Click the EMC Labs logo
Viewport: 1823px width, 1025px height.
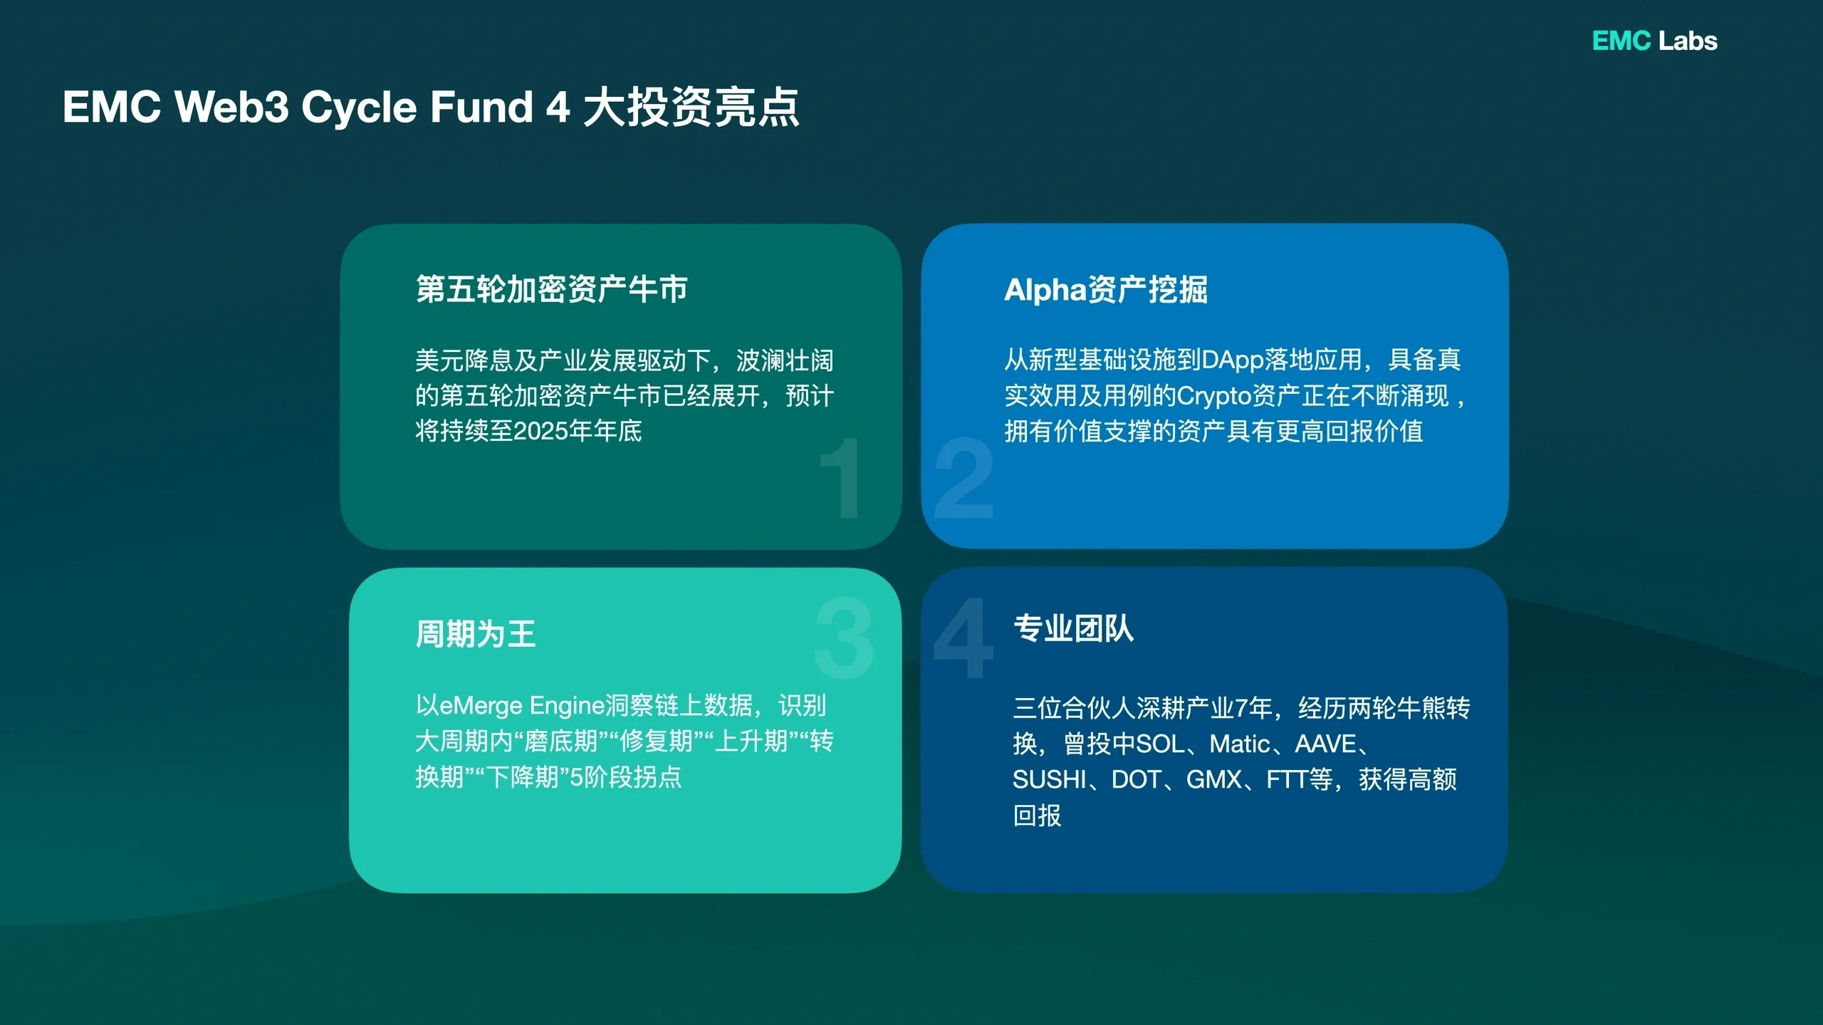pos(1654,41)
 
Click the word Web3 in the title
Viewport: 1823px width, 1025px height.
pos(231,107)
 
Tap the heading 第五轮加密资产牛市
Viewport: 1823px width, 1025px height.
pos(552,289)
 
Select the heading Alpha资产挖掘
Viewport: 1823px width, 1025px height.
pos(1105,290)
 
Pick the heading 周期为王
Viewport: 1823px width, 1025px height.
pos(476,633)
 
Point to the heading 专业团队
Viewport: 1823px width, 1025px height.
pos(1073,628)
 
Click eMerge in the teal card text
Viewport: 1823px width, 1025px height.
pos(481,706)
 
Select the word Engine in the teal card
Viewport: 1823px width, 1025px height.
pos(567,706)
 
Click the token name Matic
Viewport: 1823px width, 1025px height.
pos(1240,744)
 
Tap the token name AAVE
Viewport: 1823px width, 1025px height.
pos(1325,744)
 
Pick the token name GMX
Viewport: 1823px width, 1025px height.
pos(1214,779)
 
